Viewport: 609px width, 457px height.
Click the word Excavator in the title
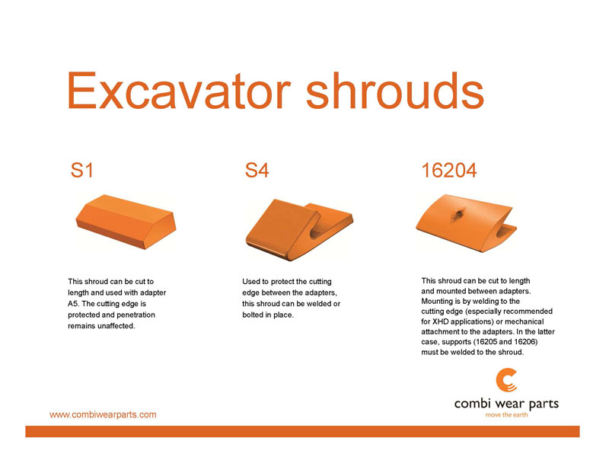[x=179, y=90]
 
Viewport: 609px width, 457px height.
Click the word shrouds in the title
[x=395, y=90]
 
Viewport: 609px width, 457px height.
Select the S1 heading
[x=82, y=170]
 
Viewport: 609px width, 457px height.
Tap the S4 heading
[x=257, y=170]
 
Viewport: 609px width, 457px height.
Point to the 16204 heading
[x=449, y=170]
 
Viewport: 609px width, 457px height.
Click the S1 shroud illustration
[x=126, y=222]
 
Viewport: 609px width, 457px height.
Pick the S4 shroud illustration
[x=299, y=229]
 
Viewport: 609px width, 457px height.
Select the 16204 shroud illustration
[x=467, y=223]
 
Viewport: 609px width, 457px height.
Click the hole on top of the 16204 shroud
[x=458, y=213]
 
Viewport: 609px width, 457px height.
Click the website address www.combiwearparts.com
[x=103, y=414]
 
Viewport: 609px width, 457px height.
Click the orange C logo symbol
[x=506, y=380]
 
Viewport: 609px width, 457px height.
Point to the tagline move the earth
[x=506, y=415]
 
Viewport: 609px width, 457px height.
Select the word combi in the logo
[x=473, y=404]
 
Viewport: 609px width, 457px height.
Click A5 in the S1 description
[x=72, y=303]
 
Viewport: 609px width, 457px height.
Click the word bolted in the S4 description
[x=253, y=315]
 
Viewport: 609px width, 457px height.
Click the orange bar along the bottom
[x=302, y=431]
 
